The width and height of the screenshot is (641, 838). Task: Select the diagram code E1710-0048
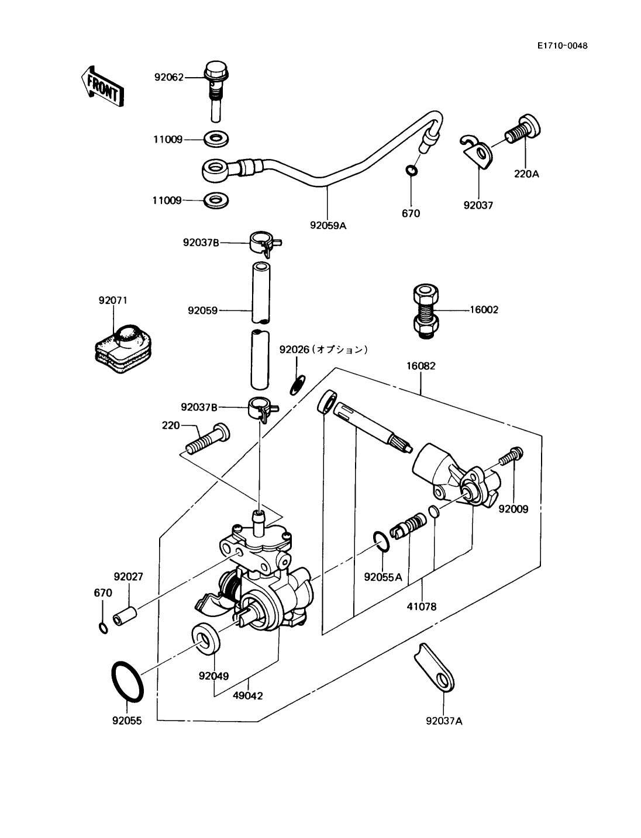click(563, 46)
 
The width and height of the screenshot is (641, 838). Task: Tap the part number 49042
click(248, 696)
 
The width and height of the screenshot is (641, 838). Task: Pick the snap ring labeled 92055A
click(381, 541)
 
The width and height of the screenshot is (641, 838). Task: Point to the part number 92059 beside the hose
click(202, 310)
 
